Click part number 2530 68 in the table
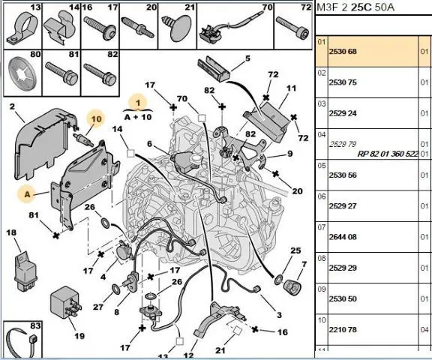click(x=343, y=52)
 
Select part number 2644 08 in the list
click(x=343, y=237)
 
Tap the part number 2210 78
click(x=343, y=330)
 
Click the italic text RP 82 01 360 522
click(x=388, y=154)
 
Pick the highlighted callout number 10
click(x=96, y=119)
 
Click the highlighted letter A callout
click(x=27, y=194)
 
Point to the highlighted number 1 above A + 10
click(x=138, y=103)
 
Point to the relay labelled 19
click(x=66, y=302)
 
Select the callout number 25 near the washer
click(x=295, y=250)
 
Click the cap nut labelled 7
click(x=292, y=287)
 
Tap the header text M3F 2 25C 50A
click(x=355, y=7)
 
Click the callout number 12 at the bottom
click(x=188, y=355)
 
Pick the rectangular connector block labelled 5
click(x=214, y=69)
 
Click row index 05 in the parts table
click(x=321, y=166)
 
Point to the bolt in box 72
click(x=292, y=28)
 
